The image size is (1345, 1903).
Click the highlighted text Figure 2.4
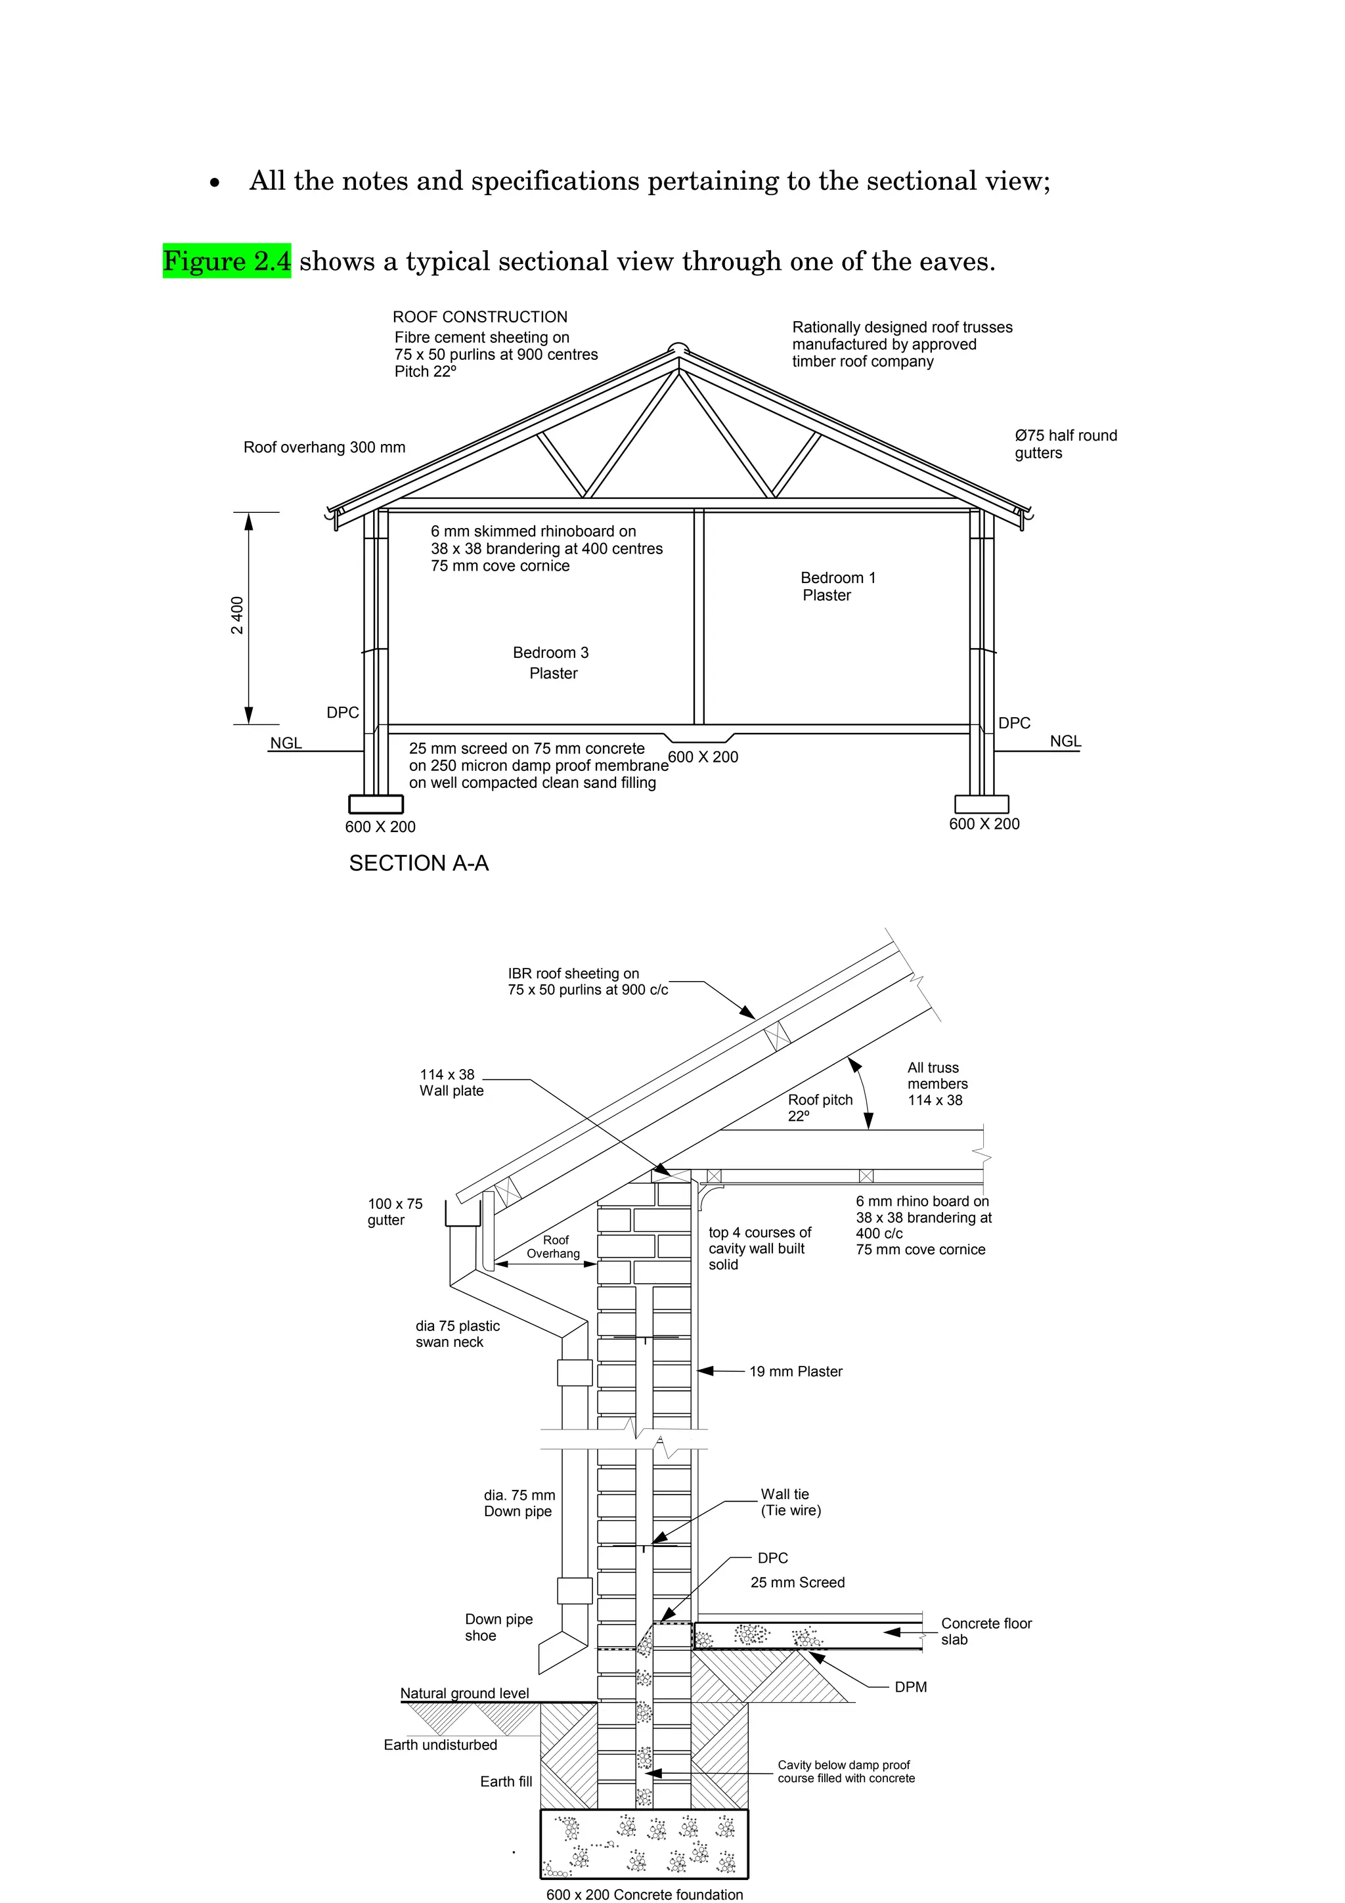pos(226,261)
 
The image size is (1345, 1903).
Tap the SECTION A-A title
pos(418,864)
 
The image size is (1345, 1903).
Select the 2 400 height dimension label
pos(238,615)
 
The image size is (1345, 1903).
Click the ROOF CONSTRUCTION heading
pos(480,317)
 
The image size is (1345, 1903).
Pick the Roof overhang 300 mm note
pos(324,448)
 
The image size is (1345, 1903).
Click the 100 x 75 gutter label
pos(395,1211)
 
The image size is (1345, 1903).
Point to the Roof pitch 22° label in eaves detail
pos(820,1107)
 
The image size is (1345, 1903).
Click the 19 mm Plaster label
pos(795,1372)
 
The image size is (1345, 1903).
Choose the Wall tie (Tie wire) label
pos(790,1502)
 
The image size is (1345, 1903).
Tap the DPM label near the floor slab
pos(910,1687)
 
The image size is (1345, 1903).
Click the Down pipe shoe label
pos(498,1627)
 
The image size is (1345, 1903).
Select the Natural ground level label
pos(464,1694)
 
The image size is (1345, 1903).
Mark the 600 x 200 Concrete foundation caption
pos(645,1894)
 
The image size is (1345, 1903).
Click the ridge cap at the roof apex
pos(678,348)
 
